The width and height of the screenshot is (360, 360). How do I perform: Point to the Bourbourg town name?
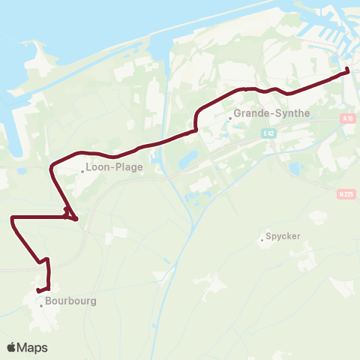[70, 301]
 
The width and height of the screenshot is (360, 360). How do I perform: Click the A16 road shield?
[346, 118]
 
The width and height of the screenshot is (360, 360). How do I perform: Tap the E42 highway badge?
[269, 133]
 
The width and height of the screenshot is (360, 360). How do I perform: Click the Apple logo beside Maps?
[12, 347]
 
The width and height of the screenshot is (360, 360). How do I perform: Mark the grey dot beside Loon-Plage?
[83, 171]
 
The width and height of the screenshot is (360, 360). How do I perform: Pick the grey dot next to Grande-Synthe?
[230, 117]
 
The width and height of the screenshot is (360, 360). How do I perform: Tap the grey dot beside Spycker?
[261, 239]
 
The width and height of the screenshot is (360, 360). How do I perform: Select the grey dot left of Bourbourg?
[41, 304]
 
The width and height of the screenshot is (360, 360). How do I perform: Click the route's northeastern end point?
[348, 71]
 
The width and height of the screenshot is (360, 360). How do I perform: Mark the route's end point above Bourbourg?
[37, 290]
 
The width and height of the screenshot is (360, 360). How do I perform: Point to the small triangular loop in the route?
[70, 215]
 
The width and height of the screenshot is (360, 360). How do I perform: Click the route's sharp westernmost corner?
[12, 217]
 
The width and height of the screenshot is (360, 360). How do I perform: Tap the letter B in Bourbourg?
[48, 301]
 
